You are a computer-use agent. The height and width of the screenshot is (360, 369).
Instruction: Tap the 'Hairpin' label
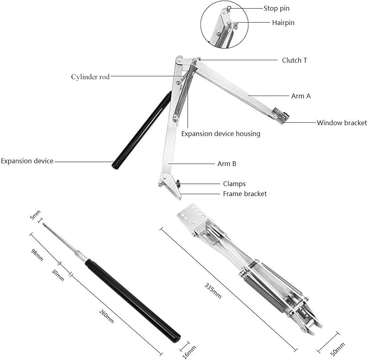(x=283, y=23)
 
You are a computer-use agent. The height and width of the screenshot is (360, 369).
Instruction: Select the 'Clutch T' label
(x=294, y=60)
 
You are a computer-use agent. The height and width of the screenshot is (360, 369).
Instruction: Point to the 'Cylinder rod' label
(x=90, y=77)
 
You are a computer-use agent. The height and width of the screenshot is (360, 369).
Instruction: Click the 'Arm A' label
(x=301, y=96)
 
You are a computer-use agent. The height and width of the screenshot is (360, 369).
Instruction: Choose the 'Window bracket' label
(x=342, y=123)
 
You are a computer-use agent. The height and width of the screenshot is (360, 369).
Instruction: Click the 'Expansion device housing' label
(x=221, y=134)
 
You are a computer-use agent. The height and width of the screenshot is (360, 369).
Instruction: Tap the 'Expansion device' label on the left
(x=27, y=161)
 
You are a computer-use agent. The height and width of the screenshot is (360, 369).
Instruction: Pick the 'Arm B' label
(x=227, y=163)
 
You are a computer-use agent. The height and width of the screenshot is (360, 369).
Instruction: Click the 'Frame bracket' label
(x=245, y=193)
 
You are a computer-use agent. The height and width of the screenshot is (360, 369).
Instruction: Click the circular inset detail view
(x=224, y=25)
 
